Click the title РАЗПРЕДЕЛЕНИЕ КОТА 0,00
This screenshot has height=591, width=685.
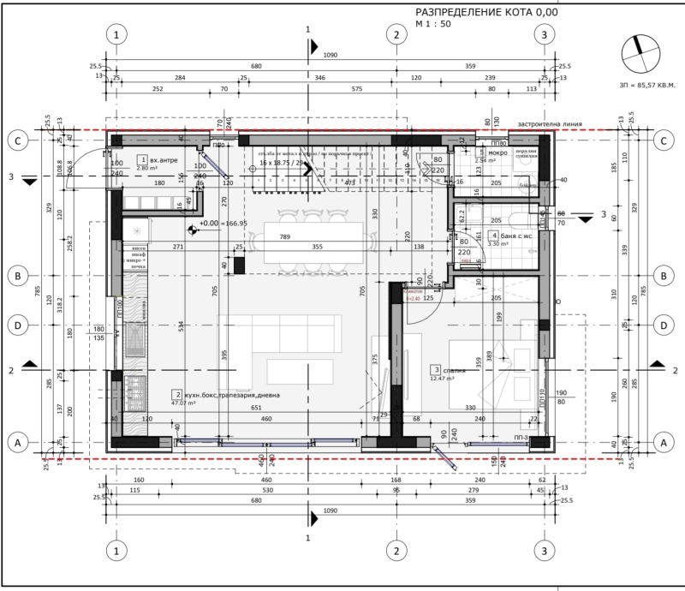[485, 12]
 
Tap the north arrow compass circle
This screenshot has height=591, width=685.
[641, 55]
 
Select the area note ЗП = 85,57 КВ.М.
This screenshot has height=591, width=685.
[646, 86]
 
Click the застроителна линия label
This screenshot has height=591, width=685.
[550, 124]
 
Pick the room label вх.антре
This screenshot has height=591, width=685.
[164, 160]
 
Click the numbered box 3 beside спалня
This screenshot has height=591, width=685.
[435, 369]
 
